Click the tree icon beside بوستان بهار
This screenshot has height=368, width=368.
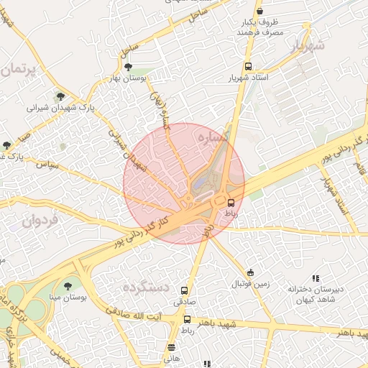point(128,67)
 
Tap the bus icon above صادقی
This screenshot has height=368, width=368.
point(185,291)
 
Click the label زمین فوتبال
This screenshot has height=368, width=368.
point(249,284)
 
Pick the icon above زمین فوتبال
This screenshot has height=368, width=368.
point(250,272)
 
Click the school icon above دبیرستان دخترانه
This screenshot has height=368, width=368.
point(315,277)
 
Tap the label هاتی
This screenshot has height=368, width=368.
point(171,356)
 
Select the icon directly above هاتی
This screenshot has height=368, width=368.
point(171,346)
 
